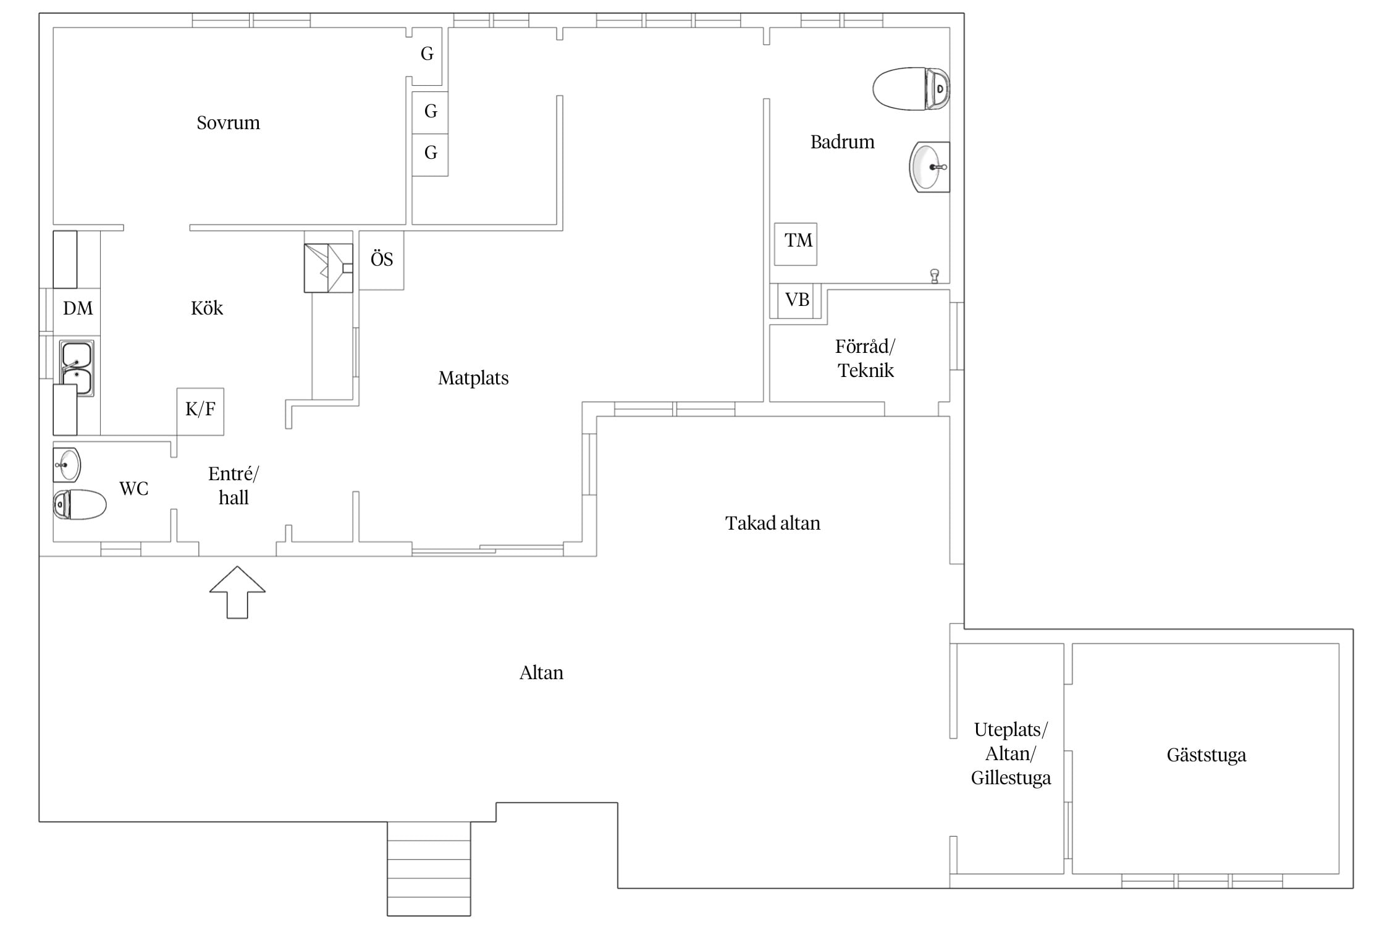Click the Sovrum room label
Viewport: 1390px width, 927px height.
tap(228, 123)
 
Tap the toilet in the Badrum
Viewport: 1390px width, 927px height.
tap(911, 89)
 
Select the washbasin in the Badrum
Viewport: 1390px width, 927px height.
tap(929, 167)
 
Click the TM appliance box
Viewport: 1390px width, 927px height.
tap(796, 244)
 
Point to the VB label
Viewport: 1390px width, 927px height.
tap(797, 300)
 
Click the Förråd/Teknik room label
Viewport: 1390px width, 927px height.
tap(866, 358)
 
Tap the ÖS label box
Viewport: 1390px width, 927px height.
tap(381, 260)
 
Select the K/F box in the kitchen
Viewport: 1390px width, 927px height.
tap(200, 412)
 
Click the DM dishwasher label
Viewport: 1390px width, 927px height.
tap(78, 308)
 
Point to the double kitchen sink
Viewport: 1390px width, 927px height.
tap(77, 368)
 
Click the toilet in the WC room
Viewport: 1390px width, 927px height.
tap(80, 504)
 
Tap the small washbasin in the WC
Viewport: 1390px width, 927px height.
tap(67, 465)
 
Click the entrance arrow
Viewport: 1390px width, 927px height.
tap(237, 592)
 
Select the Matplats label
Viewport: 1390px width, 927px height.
tap(473, 378)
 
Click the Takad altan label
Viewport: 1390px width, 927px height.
tap(772, 523)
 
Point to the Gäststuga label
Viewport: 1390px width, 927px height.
tap(1206, 755)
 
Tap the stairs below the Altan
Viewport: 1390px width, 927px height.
tap(429, 868)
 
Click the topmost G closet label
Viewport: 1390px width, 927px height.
tap(427, 54)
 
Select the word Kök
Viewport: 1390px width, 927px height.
tap(206, 308)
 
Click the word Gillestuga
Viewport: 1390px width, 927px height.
tap(1011, 778)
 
